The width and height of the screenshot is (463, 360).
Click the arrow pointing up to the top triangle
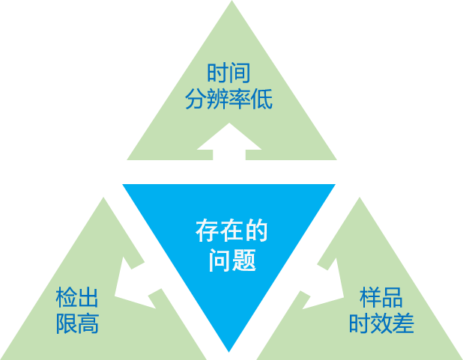(229, 141)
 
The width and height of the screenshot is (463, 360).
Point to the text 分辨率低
(229, 99)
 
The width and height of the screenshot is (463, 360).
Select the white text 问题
(231, 260)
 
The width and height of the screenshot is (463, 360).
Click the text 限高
(78, 324)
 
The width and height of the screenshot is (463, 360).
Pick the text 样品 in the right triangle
(381, 298)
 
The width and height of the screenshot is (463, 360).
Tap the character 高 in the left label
(88, 324)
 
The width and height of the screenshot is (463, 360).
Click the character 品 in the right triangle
(393, 298)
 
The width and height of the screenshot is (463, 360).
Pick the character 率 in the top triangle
(240, 99)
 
